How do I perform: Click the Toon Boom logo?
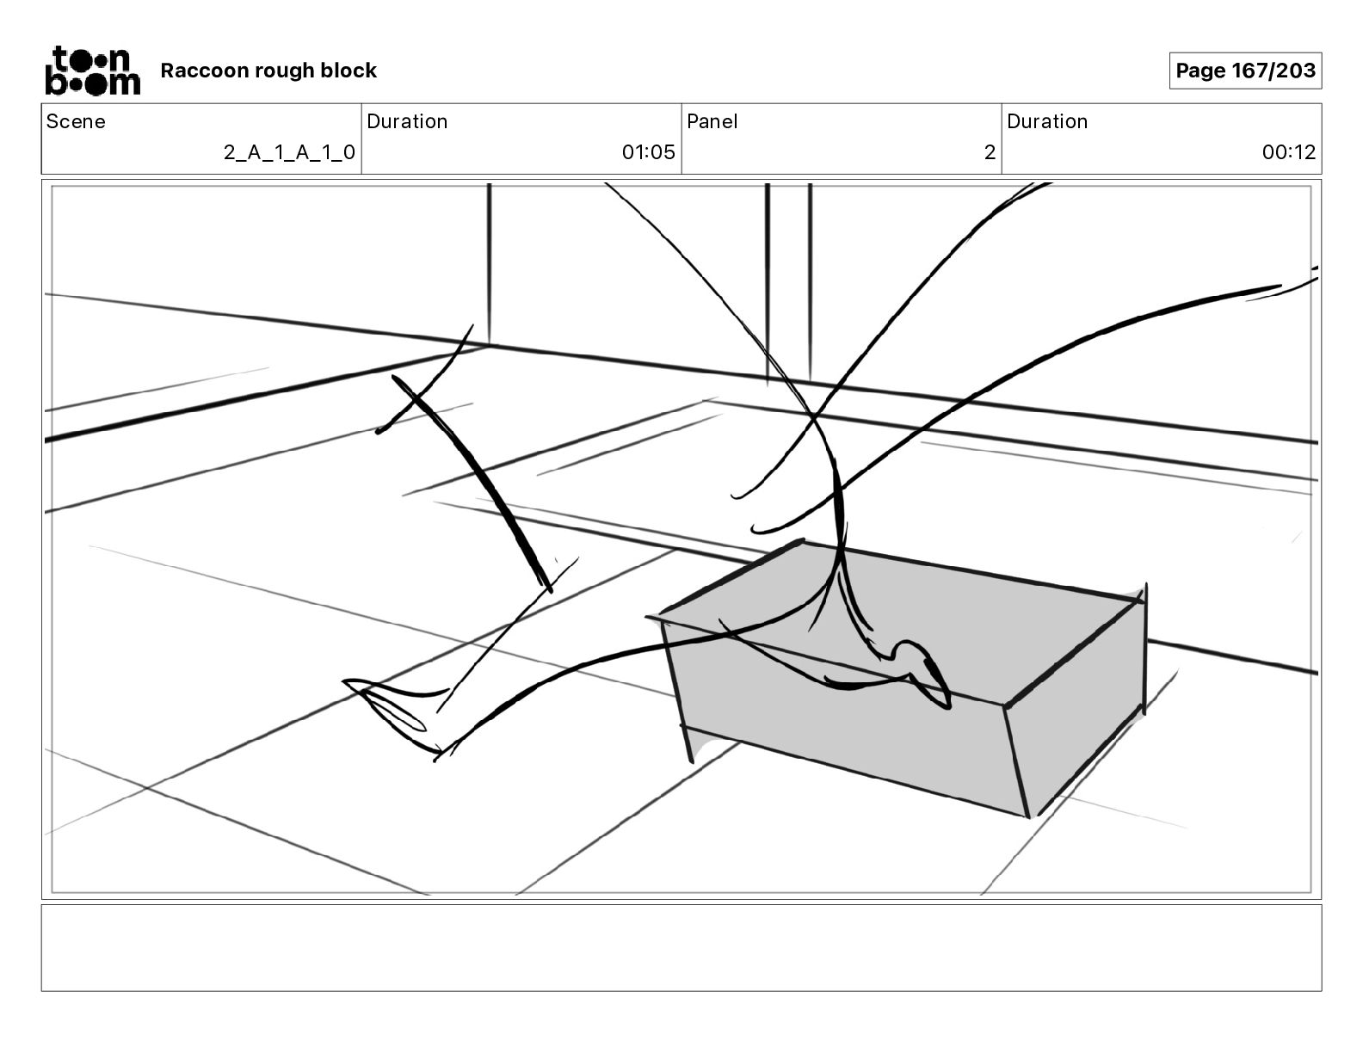coord(92,71)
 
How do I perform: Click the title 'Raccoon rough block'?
coord(268,71)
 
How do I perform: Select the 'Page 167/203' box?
coord(1245,71)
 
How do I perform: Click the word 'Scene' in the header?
coord(76,121)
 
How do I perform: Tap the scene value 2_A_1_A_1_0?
coord(289,152)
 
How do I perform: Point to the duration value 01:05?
coord(649,152)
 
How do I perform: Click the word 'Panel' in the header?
coord(712,121)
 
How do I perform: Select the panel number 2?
coord(990,152)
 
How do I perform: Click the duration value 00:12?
coord(1289,152)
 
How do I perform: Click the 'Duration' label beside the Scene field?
coord(407,121)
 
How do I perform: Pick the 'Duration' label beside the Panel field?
coord(1047,121)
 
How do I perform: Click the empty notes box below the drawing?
coord(681,947)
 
